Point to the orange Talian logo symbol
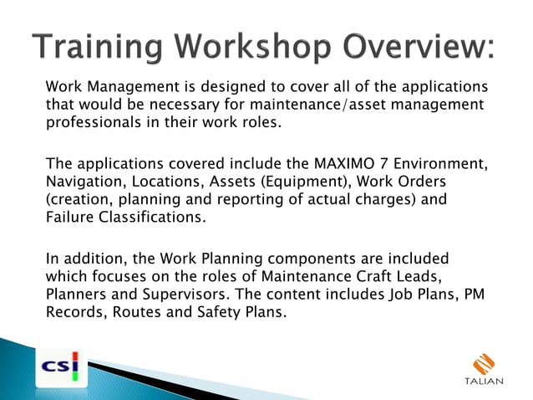484,363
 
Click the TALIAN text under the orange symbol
484,382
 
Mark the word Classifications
153,218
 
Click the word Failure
69,218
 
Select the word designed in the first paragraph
202,87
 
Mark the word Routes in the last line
150,314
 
